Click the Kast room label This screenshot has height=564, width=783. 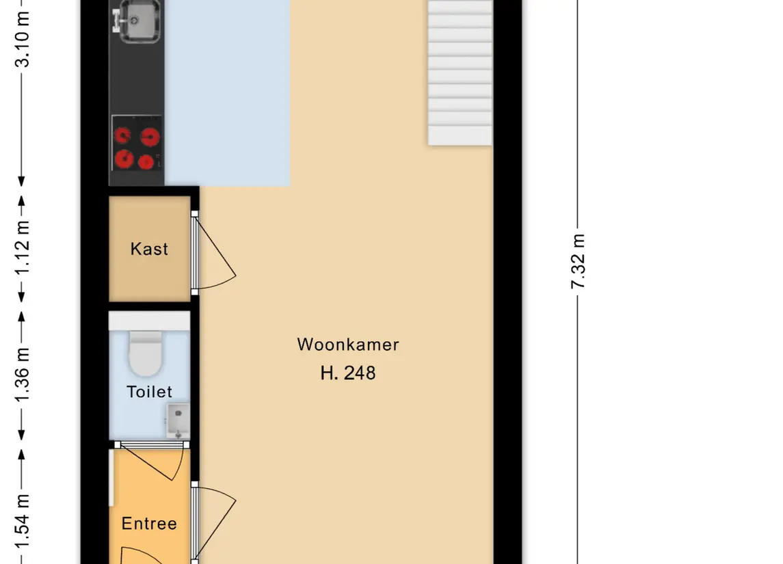point(149,249)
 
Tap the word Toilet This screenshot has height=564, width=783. point(149,392)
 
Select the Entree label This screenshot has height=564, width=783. point(149,524)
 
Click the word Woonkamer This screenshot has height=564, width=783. point(348,345)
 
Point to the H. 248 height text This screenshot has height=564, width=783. point(348,373)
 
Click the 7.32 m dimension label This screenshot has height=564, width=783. point(578,261)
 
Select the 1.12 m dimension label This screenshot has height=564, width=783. point(23,248)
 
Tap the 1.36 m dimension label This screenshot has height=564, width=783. point(23,375)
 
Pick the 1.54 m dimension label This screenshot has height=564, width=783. point(23,522)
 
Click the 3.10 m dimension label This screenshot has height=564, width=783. point(23,40)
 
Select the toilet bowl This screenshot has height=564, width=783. point(146,353)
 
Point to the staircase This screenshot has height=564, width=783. point(460,73)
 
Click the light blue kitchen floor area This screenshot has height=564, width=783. point(228,93)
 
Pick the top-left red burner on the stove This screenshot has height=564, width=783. point(122,135)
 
